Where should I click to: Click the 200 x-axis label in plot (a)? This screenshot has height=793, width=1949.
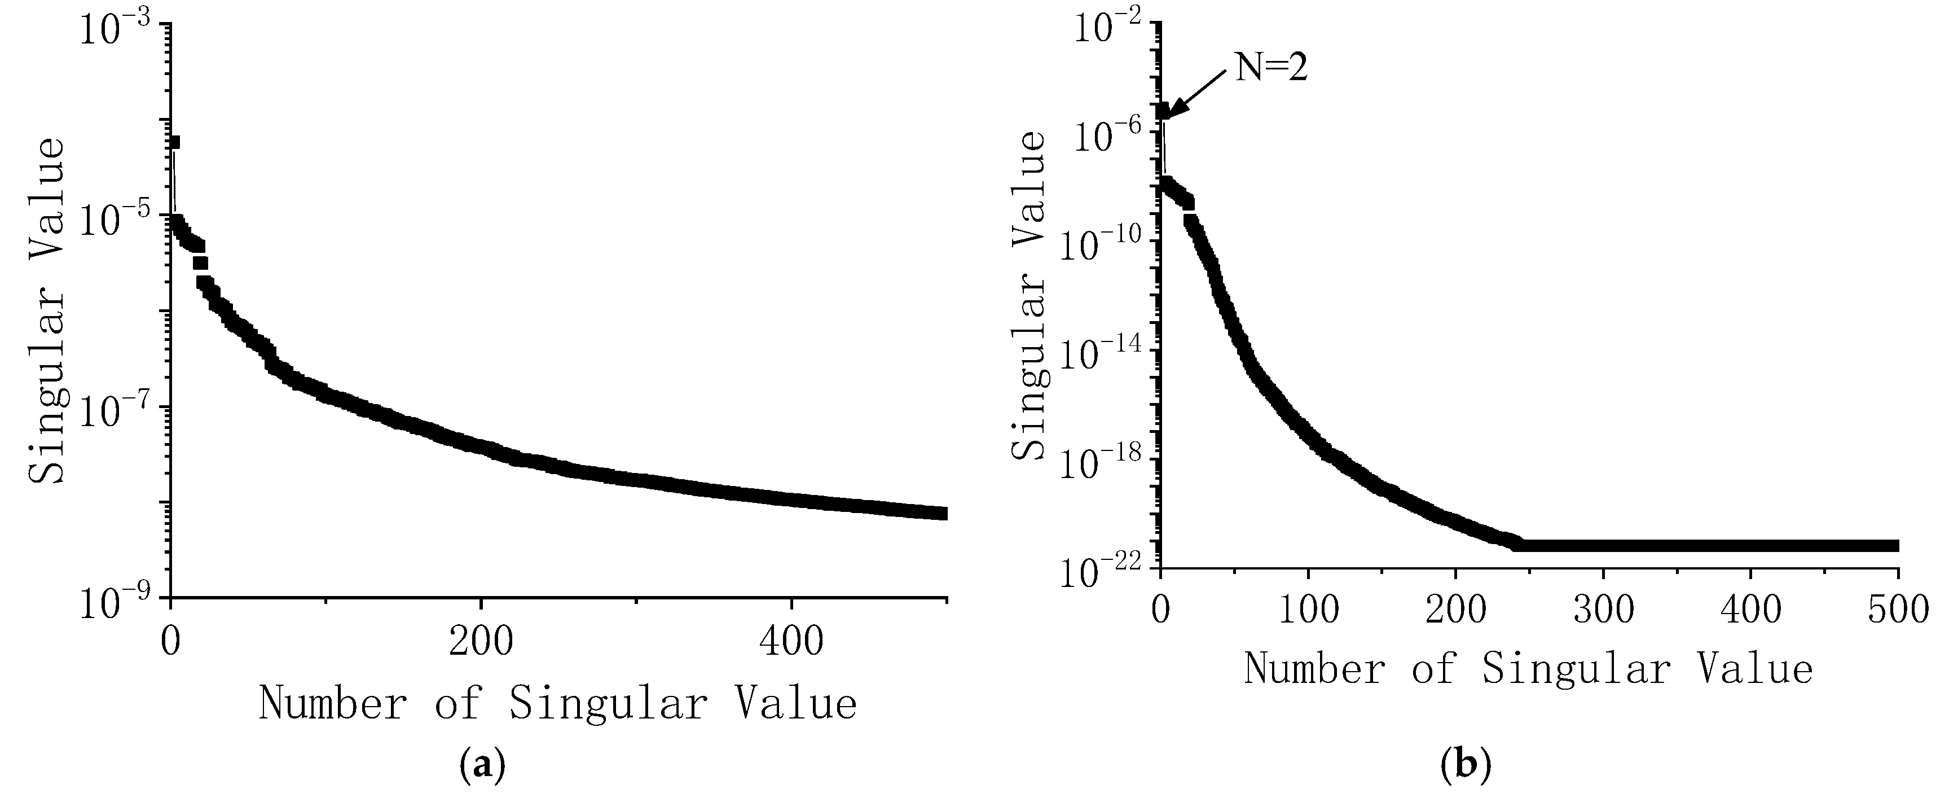point(481,642)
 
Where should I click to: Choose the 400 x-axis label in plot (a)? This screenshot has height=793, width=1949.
point(791,642)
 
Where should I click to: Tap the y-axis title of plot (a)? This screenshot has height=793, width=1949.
point(47,310)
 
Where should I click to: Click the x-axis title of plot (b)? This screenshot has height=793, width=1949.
point(1528,669)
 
